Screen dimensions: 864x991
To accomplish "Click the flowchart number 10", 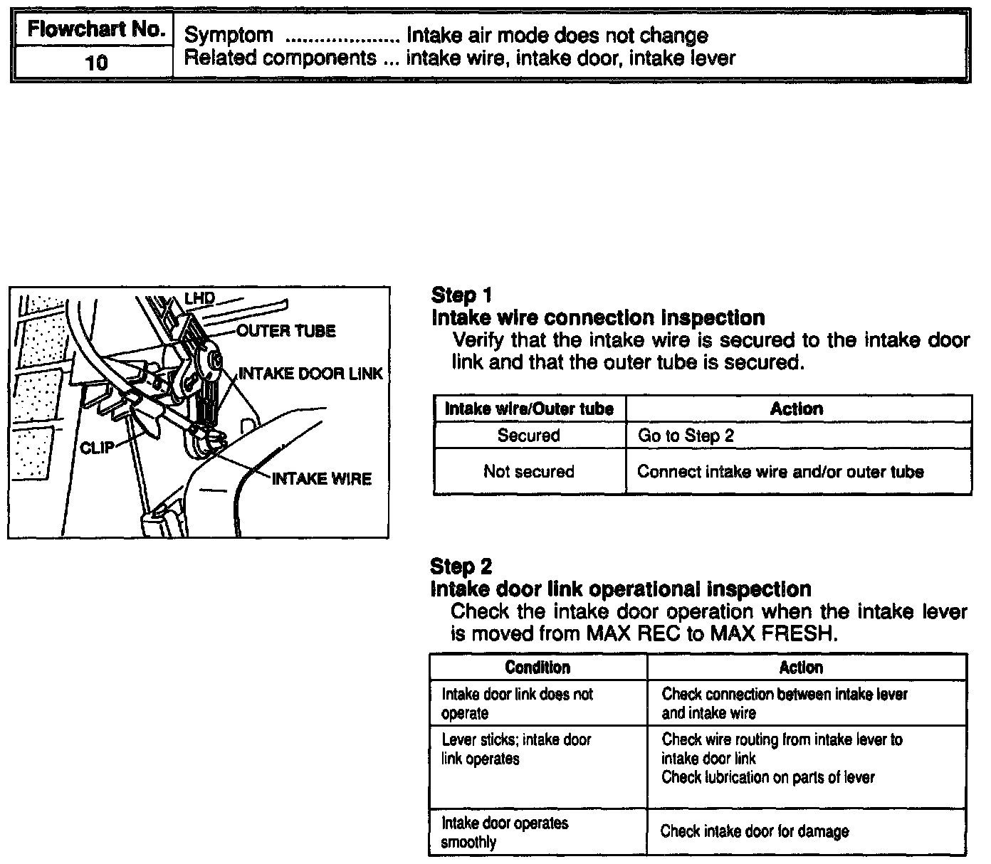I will (x=96, y=63).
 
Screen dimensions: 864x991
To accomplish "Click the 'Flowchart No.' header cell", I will (x=96, y=31).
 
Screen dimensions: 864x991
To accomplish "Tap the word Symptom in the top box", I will (x=229, y=35).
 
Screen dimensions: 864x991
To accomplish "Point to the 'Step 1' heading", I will (x=461, y=295).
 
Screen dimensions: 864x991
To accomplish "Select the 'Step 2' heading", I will (x=461, y=567).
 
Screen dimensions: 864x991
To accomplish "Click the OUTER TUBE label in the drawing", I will (x=285, y=331).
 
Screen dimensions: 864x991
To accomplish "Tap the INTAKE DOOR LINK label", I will (x=310, y=374).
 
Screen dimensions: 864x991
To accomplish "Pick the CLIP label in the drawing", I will (x=97, y=448).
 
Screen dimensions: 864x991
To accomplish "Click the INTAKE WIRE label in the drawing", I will (x=322, y=479).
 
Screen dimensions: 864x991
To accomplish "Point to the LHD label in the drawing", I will (x=200, y=298).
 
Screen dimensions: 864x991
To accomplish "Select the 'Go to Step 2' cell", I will (x=686, y=436).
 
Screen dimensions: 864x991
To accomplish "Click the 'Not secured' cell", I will (x=528, y=471).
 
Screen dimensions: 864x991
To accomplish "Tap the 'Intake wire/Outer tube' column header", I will (x=529, y=409).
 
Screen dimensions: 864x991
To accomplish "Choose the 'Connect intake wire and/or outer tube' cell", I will (x=780, y=471).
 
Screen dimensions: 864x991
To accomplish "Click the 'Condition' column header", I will (x=538, y=667).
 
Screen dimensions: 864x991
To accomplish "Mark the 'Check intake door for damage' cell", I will (x=755, y=831).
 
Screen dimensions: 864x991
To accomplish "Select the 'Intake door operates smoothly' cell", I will (x=505, y=833).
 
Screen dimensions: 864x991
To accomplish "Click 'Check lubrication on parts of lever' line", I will (x=767, y=777).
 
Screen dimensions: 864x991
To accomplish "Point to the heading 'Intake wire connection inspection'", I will (x=598, y=317).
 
